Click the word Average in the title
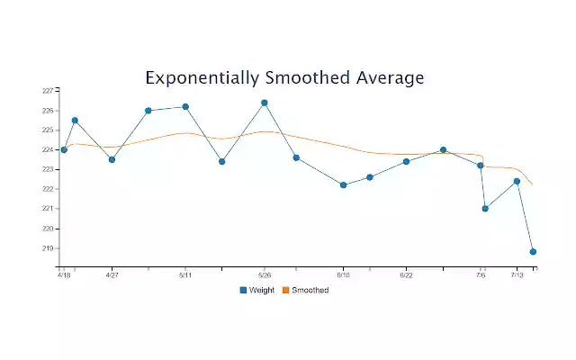(x=388, y=78)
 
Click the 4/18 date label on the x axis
(x=64, y=275)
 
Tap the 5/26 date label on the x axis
(x=265, y=275)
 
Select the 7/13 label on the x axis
(x=517, y=275)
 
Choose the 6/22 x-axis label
(x=406, y=275)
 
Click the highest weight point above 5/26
(x=265, y=103)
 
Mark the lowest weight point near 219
(x=533, y=252)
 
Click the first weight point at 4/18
(x=64, y=149)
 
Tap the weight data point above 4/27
(x=112, y=159)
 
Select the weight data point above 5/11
(x=185, y=106)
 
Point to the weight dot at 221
(x=485, y=209)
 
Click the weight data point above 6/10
(x=344, y=184)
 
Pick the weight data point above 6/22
(x=406, y=161)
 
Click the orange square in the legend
(x=285, y=290)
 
